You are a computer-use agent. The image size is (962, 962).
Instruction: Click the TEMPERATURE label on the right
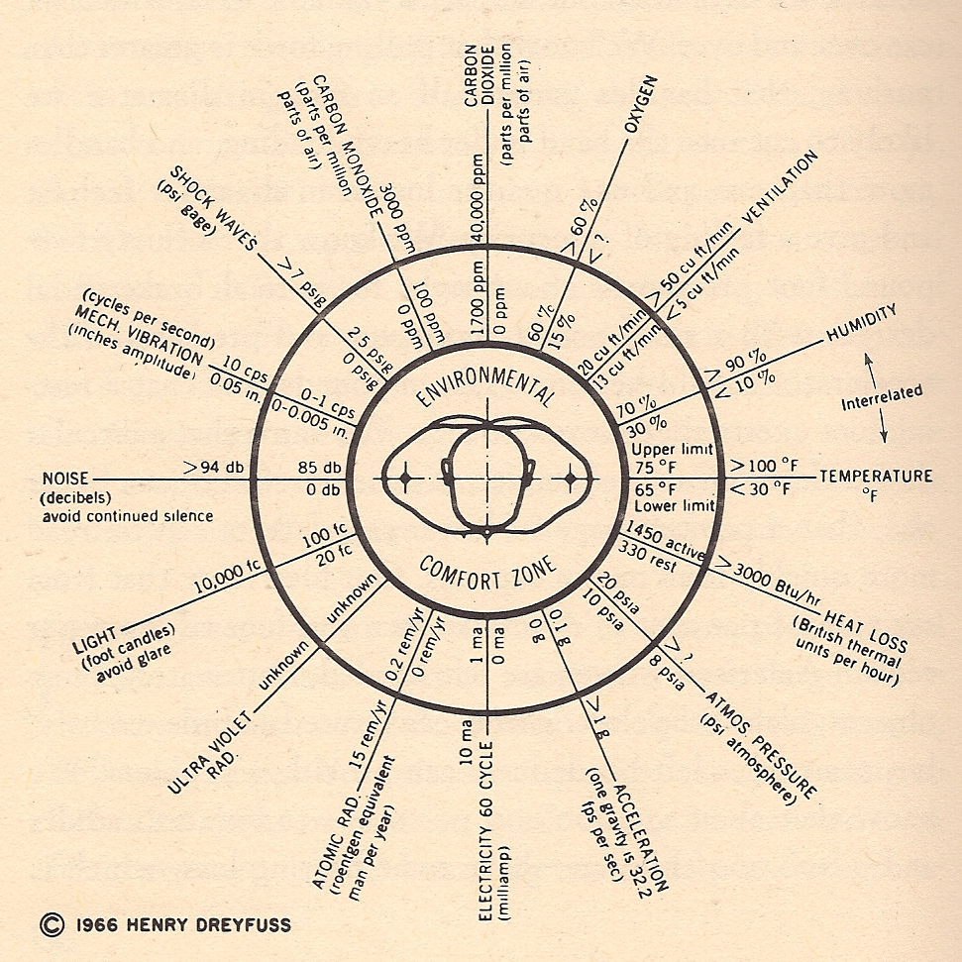click(x=876, y=477)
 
